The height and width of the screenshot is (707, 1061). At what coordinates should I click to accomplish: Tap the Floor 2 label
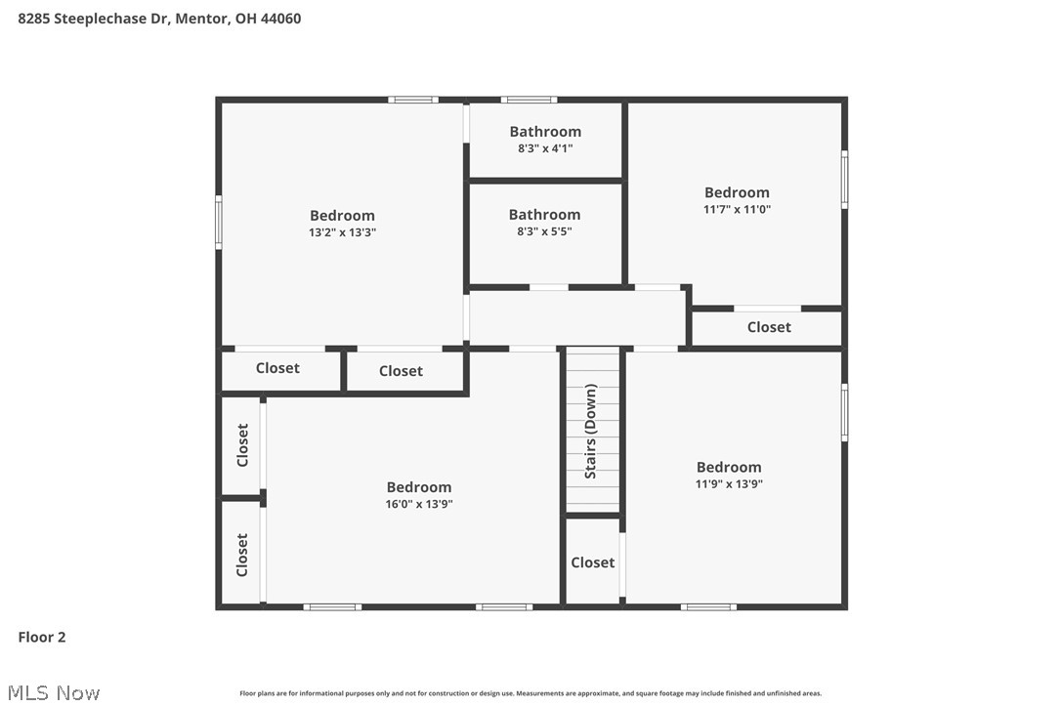tap(42, 638)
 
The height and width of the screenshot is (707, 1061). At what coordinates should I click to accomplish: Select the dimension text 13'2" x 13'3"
tap(342, 232)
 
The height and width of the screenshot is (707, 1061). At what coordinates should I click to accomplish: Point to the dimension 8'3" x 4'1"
tap(545, 148)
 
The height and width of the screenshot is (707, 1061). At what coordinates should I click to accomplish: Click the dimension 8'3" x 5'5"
tap(544, 231)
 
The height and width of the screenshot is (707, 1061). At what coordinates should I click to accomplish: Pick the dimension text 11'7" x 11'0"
tap(737, 209)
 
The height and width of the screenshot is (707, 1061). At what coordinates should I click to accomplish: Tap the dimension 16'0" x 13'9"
tap(419, 504)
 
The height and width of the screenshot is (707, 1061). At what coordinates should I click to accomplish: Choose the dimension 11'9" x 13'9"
tap(729, 483)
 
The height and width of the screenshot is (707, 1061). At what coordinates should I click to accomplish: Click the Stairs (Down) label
tap(591, 432)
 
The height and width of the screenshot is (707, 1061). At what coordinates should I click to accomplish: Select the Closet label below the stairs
tap(593, 562)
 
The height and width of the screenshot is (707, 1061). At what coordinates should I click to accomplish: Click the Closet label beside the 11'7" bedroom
tap(769, 327)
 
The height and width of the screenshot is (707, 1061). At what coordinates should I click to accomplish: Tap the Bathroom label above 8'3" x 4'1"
tap(545, 132)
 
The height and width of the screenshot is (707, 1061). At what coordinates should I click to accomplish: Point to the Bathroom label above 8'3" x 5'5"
tap(544, 215)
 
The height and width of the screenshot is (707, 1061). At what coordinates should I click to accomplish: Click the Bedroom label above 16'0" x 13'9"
tap(419, 487)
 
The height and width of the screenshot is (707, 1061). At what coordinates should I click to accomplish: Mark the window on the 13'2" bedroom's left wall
tap(219, 222)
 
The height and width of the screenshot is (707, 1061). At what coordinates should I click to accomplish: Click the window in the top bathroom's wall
tap(530, 100)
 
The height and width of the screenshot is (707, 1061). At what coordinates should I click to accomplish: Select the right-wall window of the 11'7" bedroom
tap(844, 180)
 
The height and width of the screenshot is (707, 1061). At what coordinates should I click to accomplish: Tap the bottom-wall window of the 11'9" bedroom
tap(708, 606)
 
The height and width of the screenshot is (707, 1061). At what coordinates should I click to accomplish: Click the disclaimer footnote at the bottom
tap(530, 693)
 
